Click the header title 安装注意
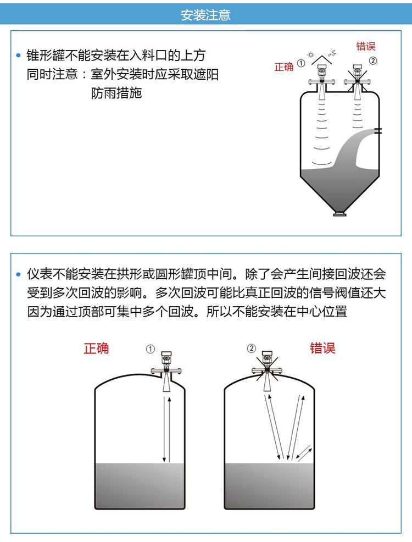click(x=205, y=15)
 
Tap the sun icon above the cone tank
click(x=311, y=56)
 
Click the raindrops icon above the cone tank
click(x=332, y=53)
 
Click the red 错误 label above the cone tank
click(x=366, y=46)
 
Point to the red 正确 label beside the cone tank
click(x=284, y=67)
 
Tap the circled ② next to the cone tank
click(x=373, y=62)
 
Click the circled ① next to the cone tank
click(x=300, y=64)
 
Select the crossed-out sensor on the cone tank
click(x=357, y=77)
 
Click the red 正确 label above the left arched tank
click(x=96, y=349)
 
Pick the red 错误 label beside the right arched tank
click(x=322, y=349)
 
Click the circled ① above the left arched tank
click(x=151, y=349)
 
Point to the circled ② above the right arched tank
click(x=251, y=349)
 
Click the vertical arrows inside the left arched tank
click(x=166, y=429)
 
